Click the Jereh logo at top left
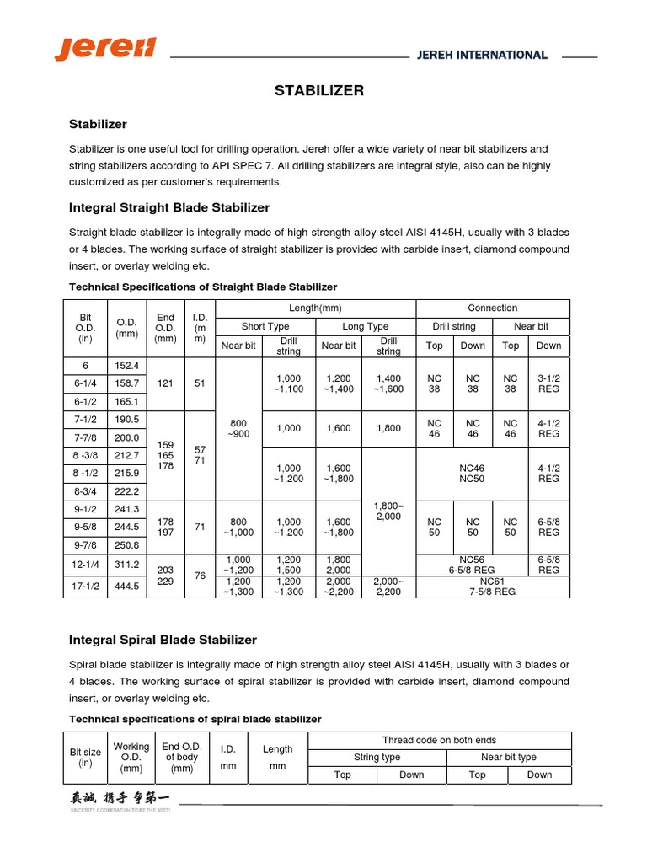pyautogui.click(x=105, y=48)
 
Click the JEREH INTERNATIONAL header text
pyautogui.click(x=482, y=56)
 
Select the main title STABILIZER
pyautogui.click(x=319, y=91)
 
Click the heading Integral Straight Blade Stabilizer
pyautogui.click(x=168, y=207)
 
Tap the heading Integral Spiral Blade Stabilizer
pyautogui.click(x=163, y=640)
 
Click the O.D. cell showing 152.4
pyautogui.click(x=127, y=366)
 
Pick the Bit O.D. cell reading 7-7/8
pyautogui.click(x=85, y=438)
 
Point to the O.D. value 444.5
pyautogui.click(x=127, y=587)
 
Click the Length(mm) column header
pyautogui.click(x=316, y=308)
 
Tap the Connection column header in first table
pyautogui.click(x=493, y=308)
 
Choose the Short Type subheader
pyautogui.click(x=265, y=326)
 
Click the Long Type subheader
pyautogui.click(x=366, y=326)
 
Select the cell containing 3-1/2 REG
pyautogui.click(x=548, y=383)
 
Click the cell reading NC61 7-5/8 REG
pyautogui.click(x=493, y=587)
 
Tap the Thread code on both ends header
pyautogui.click(x=440, y=740)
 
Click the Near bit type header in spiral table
pyautogui.click(x=503, y=757)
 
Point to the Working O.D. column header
pyautogui.click(x=131, y=757)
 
